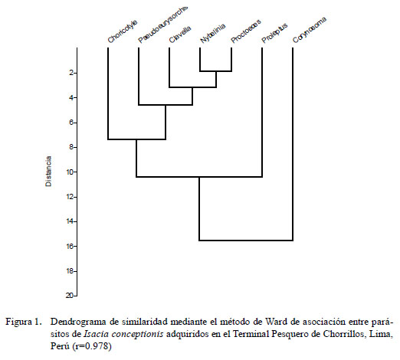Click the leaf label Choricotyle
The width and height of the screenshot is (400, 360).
(x=123, y=32)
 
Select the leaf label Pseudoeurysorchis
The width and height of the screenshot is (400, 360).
(x=163, y=25)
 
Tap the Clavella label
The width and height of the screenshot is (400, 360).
(x=180, y=34)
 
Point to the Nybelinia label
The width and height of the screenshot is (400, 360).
(x=213, y=33)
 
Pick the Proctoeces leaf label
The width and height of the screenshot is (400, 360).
(x=246, y=31)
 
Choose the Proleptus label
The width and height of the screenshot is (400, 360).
(x=274, y=33)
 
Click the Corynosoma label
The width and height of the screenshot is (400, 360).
(x=310, y=30)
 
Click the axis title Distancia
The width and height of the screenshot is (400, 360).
(x=48, y=172)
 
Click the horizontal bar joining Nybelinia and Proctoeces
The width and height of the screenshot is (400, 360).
(x=216, y=71)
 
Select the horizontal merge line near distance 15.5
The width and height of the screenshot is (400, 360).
(x=246, y=241)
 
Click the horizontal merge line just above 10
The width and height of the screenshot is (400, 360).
(x=199, y=177)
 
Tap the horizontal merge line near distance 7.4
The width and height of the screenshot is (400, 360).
(x=136, y=139)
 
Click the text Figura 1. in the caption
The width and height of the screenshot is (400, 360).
(x=23, y=322)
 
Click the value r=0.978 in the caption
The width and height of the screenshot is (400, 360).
(x=92, y=346)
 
